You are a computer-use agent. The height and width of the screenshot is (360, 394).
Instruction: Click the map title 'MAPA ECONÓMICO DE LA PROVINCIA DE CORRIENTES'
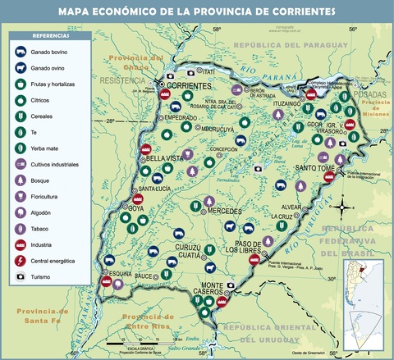(x=197, y=12)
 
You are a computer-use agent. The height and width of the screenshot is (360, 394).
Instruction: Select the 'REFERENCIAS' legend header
(x=50, y=37)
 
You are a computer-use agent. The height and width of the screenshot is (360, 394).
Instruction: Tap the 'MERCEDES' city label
(x=224, y=211)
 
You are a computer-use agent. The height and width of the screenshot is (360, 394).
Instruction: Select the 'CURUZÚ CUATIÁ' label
(x=194, y=251)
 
